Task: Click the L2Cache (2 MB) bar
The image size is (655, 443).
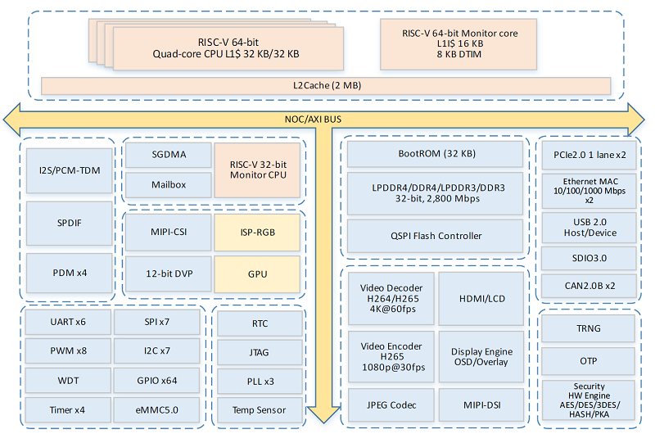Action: point(326,85)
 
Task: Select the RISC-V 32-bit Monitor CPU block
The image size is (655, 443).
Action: point(257,169)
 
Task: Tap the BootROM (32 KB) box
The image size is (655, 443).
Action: point(436,153)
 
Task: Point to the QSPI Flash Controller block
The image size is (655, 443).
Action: point(436,236)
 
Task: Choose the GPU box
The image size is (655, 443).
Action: point(256,273)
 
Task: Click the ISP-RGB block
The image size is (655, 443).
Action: point(256,232)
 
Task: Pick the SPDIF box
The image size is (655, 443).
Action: point(70,222)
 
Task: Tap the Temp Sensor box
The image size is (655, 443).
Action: point(260,409)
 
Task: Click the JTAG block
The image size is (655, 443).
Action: point(260,352)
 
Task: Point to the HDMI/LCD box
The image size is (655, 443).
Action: point(482,298)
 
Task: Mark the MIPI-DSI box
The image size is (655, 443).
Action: point(482,405)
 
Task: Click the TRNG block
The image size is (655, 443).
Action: point(589,328)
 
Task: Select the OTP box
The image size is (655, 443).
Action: point(589,360)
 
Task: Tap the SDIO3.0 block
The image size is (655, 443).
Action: point(589,257)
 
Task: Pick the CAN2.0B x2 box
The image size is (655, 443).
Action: point(589,286)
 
